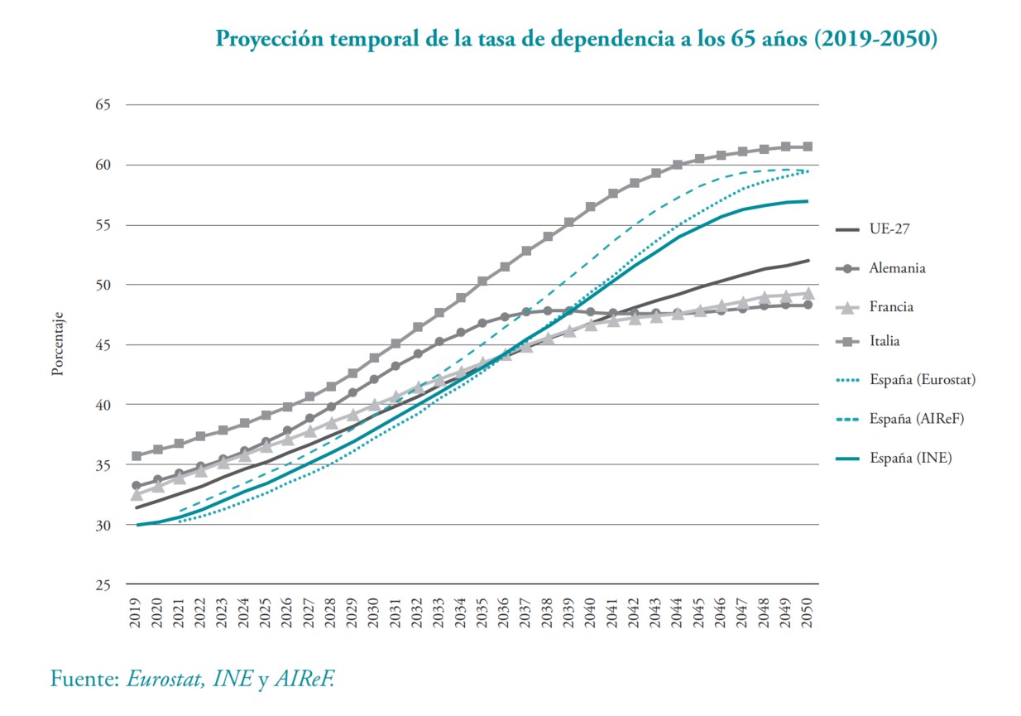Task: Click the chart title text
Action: click(576, 39)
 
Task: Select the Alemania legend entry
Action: click(897, 268)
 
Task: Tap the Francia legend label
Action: click(892, 306)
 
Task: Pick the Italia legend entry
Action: click(884, 340)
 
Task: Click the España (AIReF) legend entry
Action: click(917, 419)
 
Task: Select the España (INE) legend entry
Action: click(910, 458)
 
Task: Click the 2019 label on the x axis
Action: click(136, 615)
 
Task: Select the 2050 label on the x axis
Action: click(808, 615)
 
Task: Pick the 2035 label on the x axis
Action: click(482, 615)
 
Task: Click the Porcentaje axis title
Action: click(58, 344)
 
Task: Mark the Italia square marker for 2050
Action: click(808, 147)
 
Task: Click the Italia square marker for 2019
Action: click(136, 456)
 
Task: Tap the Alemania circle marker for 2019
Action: click(136, 486)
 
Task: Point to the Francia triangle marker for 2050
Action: click(808, 293)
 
